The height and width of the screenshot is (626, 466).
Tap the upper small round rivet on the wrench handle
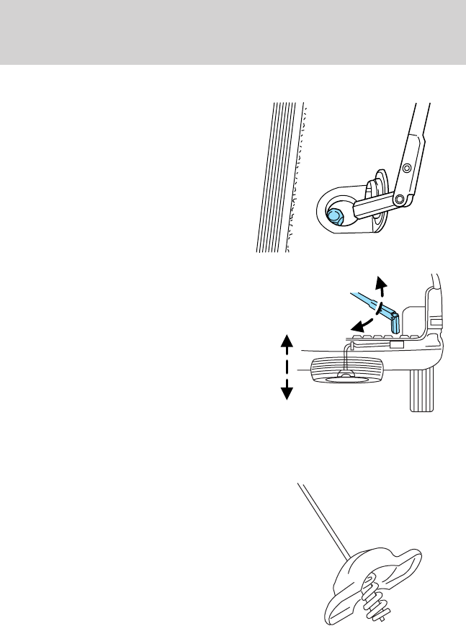pos(407,167)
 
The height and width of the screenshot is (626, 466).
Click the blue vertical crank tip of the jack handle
pos(395,323)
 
